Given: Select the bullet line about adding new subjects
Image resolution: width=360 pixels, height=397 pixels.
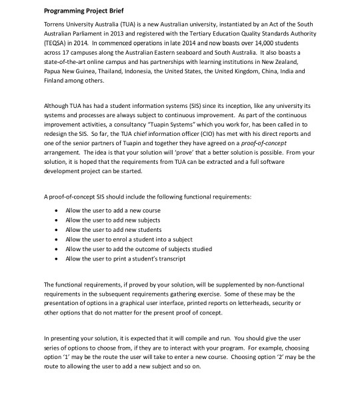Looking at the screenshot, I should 103,219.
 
